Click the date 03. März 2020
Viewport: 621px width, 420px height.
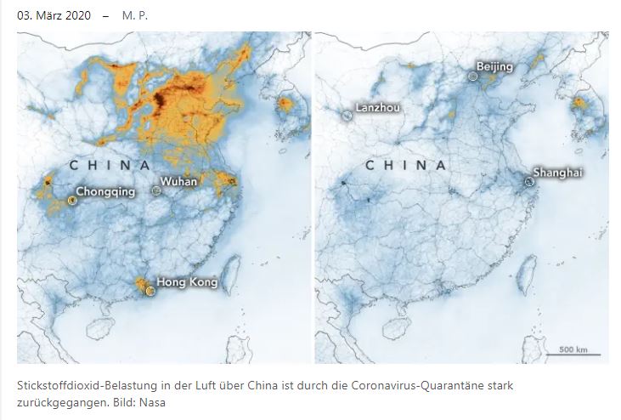pyautogui.click(x=58, y=15)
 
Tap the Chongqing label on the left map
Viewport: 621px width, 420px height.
pyautogui.click(x=105, y=191)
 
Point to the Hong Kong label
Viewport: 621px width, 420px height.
pyautogui.click(x=186, y=281)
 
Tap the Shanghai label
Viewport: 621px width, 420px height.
pyautogui.click(x=557, y=173)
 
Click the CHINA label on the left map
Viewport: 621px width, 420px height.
pyautogui.click(x=110, y=165)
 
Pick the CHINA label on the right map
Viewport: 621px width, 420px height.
pyautogui.click(x=406, y=165)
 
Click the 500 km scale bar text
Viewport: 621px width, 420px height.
pyautogui.click(x=574, y=349)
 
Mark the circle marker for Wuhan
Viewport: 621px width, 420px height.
pyautogui.click(x=156, y=191)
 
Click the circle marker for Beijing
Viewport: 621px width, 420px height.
pyautogui.click(x=472, y=76)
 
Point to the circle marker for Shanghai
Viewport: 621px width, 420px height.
pyautogui.click(x=528, y=181)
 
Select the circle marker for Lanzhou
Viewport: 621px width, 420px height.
pyautogui.click(x=347, y=116)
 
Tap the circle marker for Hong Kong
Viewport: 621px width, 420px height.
pyautogui.click(x=150, y=291)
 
